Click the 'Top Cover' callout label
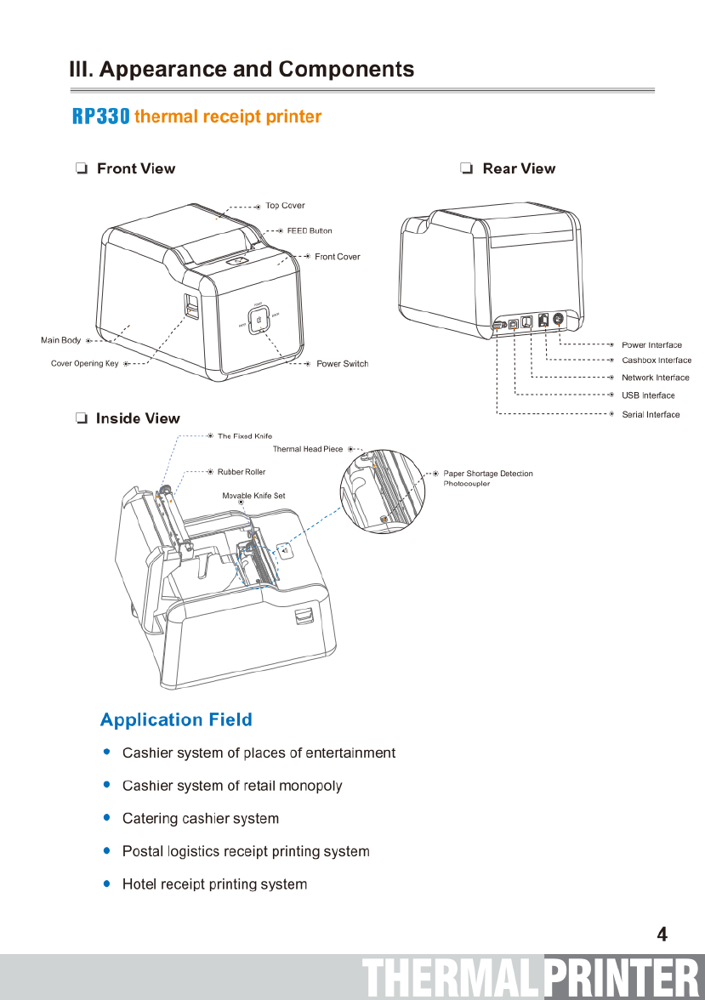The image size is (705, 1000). tap(285, 206)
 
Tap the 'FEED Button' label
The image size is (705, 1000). tap(310, 230)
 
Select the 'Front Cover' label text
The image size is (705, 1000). tap(337, 257)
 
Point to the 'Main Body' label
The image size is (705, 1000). tap(61, 340)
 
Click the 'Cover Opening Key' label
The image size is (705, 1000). tap(84, 364)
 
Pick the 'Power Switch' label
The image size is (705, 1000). tap(342, 364)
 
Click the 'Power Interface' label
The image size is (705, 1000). tap(651, 345)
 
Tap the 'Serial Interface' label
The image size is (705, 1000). tap(651, 415)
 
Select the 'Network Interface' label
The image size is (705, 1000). tap(655, 378)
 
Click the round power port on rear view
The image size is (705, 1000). tap(559, 320)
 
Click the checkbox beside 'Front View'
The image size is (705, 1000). tap(81, 169)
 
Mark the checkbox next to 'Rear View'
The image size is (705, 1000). tap(466, 169)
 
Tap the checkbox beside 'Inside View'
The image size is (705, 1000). tap(81, 418)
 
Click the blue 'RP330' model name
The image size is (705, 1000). tap(100, 116)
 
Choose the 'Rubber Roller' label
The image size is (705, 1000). tap(242, 472)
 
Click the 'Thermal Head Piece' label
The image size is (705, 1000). tap(307, 449)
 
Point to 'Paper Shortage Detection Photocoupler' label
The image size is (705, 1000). tap(487, 478)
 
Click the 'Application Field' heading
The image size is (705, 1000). tap(176, 720)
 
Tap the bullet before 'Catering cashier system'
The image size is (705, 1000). tap(106, 818)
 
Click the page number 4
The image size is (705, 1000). tap(662, 935)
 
